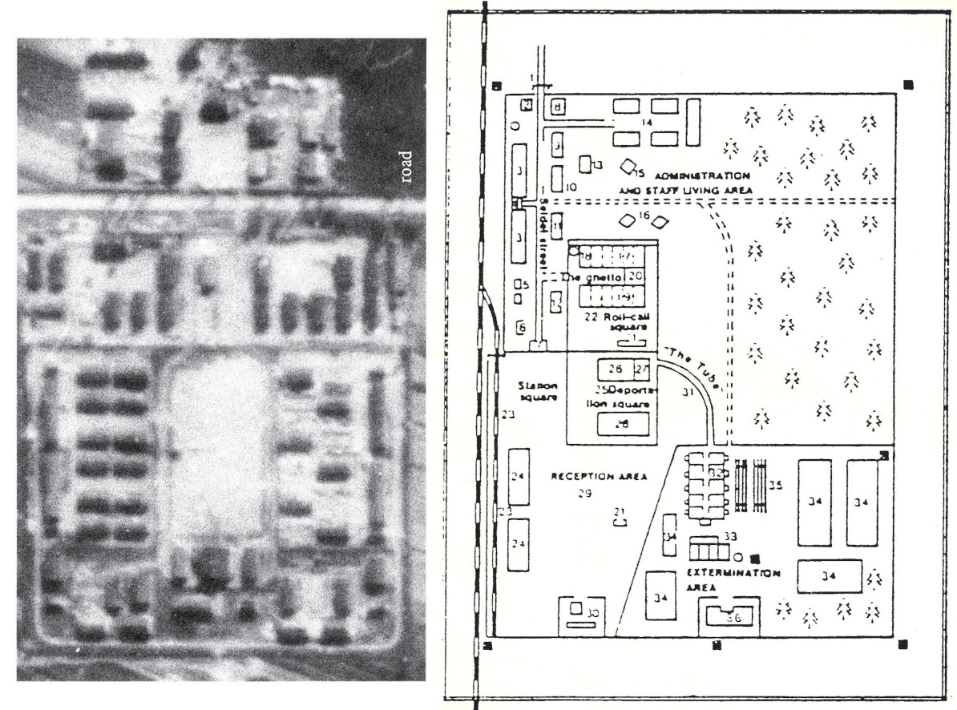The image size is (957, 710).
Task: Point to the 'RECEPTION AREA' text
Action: [x=598, y=476]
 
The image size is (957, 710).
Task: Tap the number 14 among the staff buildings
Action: [x=646, y=122]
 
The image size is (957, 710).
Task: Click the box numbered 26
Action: [x=616, y=369]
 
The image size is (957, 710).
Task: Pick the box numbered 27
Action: [x=641, y=369]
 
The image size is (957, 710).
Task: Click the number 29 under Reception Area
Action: [x=584, y=494]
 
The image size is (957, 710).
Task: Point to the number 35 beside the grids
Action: [x=775, y=484]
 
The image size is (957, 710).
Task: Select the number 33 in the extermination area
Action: [x=730, y=535]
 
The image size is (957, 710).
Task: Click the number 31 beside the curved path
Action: [x=686, y=392]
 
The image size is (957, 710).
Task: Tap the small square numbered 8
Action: [x=558, y=106]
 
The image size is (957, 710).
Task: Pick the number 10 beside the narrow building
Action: [x=571, y=187]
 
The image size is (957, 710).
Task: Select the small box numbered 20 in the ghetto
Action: [x=636, y=276]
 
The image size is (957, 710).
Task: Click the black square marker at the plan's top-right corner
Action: [x=907, y=84]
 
